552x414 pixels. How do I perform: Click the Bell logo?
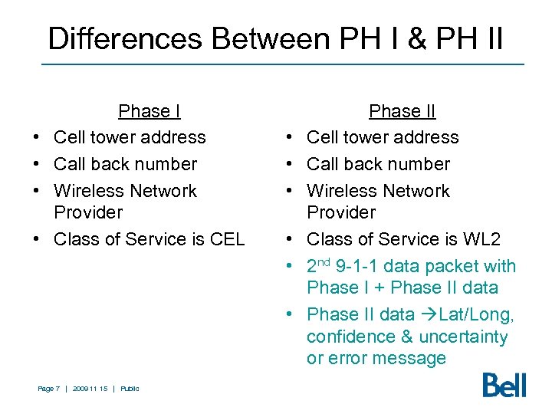coord(504,384)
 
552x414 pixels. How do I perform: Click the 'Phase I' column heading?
coord(149,111)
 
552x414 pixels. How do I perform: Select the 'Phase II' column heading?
coord(402,111)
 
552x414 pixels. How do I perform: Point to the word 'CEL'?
coord(227,239)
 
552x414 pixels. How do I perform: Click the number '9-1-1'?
coord(360,267)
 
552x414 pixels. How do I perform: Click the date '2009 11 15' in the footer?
coord(90,389)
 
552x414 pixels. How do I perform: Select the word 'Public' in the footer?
coord(130,389)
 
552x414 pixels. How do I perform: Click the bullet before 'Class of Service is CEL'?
coord(37,240)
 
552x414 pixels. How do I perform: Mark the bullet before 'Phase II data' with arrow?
coord(290,315)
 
